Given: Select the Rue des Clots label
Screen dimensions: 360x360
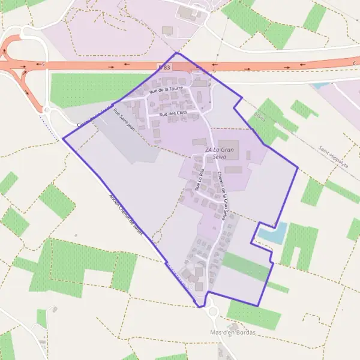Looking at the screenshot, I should (173, 113).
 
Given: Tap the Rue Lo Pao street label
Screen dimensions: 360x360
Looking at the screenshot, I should (200, 179).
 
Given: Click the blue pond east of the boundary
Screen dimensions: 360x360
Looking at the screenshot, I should (274, 233).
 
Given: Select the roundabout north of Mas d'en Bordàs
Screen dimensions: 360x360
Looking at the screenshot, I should (211, 311).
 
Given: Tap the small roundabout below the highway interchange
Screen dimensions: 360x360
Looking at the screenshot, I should (46, 110).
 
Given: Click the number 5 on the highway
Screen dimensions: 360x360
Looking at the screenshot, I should (43, 64).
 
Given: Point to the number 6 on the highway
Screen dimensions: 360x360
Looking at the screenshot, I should (354, 63).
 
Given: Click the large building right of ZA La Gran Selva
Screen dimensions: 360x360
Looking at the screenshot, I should (230, 149).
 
